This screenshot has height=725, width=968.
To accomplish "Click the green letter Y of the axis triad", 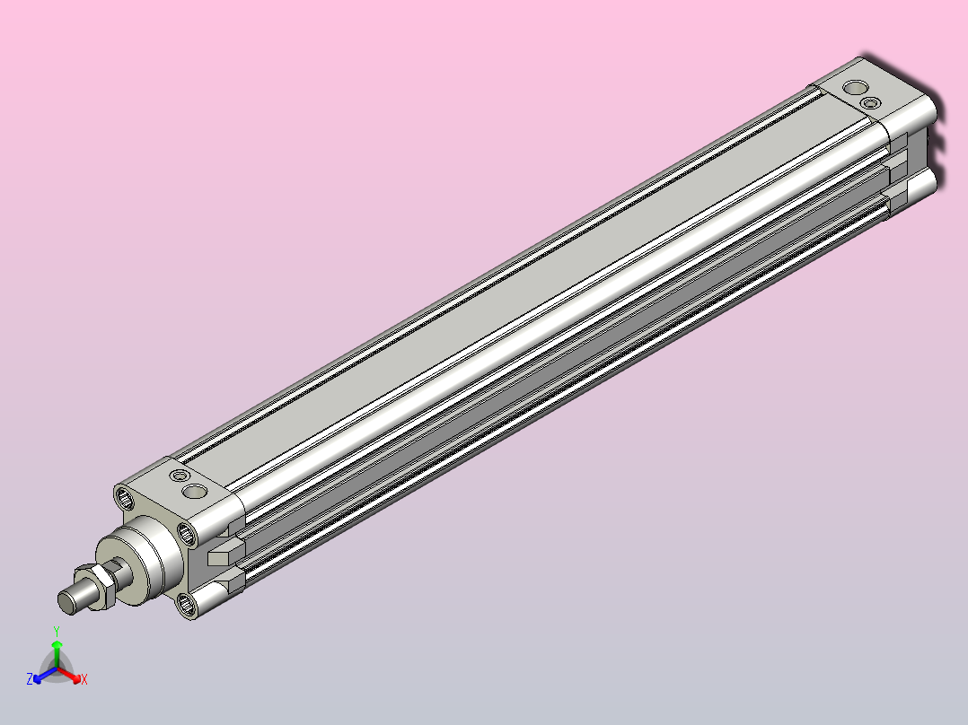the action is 57,631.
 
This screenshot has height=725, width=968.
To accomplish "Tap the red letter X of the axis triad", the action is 84,679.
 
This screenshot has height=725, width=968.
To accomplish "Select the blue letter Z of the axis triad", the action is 30,679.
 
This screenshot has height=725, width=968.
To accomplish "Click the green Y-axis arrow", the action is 57,653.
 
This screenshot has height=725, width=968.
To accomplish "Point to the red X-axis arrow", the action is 69,675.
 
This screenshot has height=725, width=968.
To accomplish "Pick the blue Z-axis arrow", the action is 45,675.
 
